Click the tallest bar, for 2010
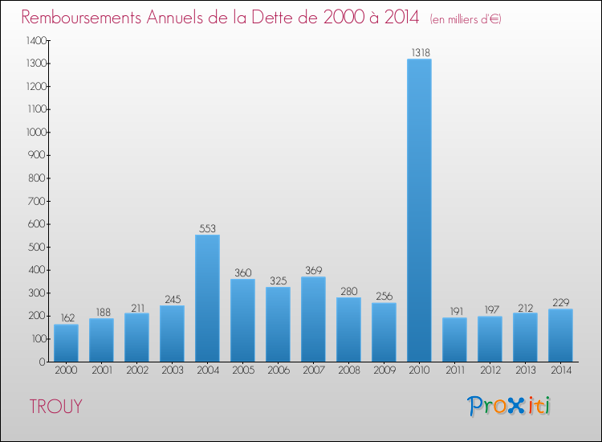point(419,211)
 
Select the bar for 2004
point(207,298)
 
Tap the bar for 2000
point(66,343)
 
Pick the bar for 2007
point(313,319)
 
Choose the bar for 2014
point(560,335)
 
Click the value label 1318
point(419,52)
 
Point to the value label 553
point(207,228)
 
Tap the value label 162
point(66,318)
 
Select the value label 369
point(313,271)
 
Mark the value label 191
point(454,311)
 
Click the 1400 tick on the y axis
point(35,40)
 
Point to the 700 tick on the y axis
point(38,201)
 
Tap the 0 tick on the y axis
point(43,362)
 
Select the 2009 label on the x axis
point(384,370)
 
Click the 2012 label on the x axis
point(490,370)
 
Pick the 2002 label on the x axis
point(136,370)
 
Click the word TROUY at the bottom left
point(55,407)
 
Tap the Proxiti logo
point(510,406)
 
